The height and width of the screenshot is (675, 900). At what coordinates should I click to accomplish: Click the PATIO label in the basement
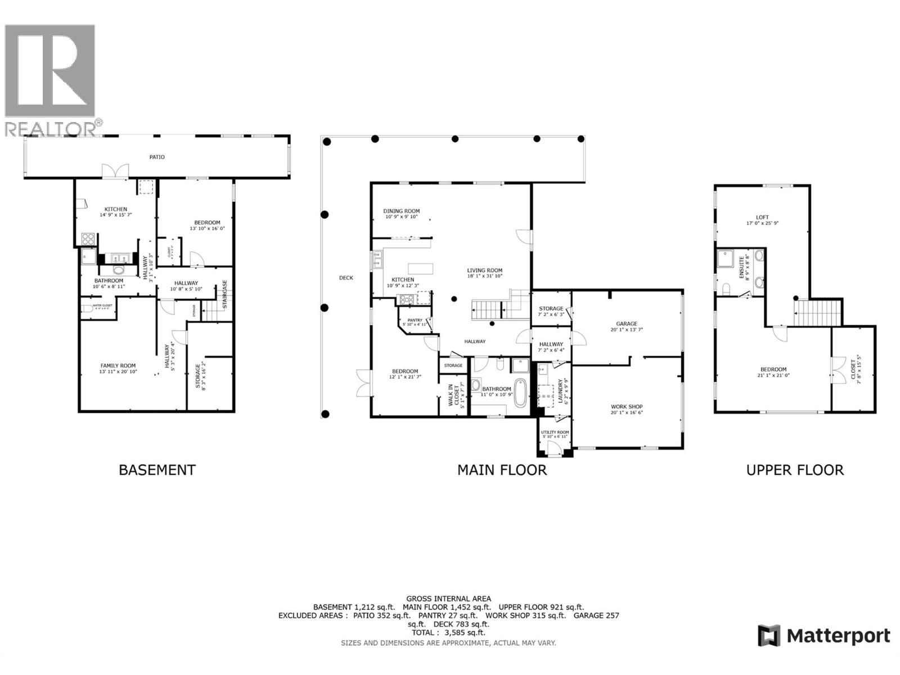point(157,157)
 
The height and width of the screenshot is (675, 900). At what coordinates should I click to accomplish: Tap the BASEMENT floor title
point(157,470)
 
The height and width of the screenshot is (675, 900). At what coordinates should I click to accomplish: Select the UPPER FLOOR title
point(794,470)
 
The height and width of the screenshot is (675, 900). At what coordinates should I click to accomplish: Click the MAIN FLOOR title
point(502,470)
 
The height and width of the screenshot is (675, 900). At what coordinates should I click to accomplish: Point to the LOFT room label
point(762,217)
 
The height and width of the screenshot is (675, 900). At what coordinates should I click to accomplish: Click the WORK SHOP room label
point(627,407)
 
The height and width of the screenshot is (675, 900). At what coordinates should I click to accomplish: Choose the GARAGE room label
point(627,323)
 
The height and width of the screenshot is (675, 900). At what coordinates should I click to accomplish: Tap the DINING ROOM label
point(402,211)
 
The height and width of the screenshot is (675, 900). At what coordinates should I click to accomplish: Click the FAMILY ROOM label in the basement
point(118,366)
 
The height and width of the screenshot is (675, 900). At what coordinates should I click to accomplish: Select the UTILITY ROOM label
point(555,432)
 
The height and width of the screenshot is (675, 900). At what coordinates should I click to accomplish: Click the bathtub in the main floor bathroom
point(521,393)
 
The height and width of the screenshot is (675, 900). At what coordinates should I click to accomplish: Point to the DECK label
point(346,278)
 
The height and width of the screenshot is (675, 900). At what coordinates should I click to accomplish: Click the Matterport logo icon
point(769,636)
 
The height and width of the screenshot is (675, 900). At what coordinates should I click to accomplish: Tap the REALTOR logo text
point(51,128)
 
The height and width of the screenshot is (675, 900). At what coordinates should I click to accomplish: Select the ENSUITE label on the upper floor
point(741,267)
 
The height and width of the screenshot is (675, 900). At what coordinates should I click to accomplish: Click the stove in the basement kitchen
point(88,239)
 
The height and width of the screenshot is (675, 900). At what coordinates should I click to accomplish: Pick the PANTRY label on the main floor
point(415,321)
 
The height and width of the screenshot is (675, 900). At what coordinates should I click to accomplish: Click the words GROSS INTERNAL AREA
point(448,598)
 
